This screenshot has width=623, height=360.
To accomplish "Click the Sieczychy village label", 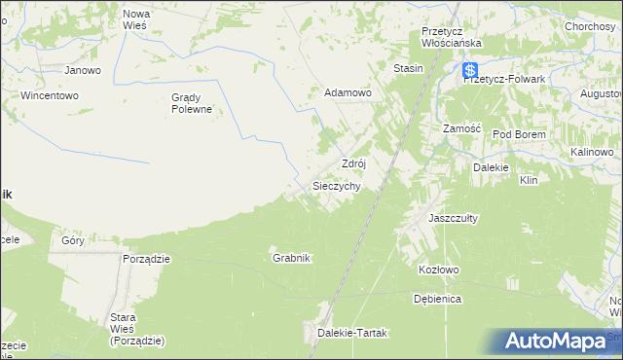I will click(x=337, y=185).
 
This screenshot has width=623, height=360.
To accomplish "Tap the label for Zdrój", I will click(x=352, y=163).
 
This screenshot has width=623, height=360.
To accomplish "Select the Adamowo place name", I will click(x=348, y=92).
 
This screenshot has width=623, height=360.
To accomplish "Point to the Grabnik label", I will click(x=291, y=258).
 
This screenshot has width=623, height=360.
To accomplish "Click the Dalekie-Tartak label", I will click(x=352, y=333).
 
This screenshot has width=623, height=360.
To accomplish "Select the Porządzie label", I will click(x=147, y=259).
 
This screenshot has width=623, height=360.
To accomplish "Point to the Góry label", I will click(x=73, y=240).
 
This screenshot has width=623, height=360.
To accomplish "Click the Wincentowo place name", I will click(x=49, y=96).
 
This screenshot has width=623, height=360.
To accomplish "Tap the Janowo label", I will click(x=83, y=70).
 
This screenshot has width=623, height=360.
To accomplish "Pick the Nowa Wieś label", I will click(x=134, y=19).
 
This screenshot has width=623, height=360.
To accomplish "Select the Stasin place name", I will click(x=408, y=68).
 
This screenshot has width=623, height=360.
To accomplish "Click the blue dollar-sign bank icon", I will click(x=470, y=70).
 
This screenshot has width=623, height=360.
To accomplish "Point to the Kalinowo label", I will click(x=591, y=153).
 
